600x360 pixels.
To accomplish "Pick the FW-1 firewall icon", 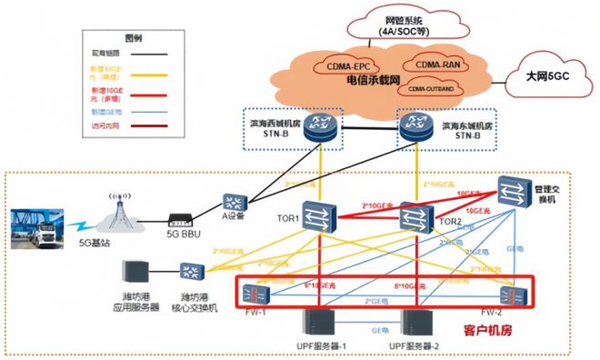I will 258,292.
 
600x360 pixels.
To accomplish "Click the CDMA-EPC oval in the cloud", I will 344,66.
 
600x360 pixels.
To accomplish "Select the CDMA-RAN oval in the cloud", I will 440,65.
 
